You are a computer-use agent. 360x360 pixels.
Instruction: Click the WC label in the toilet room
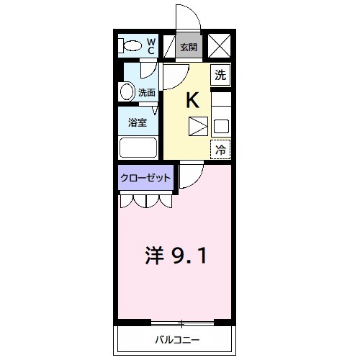coord(151,46)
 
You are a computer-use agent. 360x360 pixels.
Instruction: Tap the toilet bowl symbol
coord(132,46)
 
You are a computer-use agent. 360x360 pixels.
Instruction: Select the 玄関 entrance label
coord(189,48)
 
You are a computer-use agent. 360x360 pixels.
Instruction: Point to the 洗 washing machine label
coord(220,73)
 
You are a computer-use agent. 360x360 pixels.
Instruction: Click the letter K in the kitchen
coord(192,100)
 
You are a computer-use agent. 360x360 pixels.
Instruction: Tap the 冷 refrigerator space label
coord(220,150)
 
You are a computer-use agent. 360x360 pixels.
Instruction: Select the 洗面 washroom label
coord(147,92)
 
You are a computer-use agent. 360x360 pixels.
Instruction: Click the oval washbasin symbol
coord(127,91)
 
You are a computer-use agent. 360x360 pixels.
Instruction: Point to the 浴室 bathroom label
coord(138,122)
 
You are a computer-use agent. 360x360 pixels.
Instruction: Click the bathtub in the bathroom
coord(139,148)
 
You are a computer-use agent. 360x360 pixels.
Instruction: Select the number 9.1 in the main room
coord(190,256)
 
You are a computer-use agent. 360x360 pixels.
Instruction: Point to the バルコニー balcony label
coord(176,340)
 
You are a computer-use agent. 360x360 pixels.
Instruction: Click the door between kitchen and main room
coord(189,176)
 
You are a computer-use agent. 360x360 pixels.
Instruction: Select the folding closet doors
coord(145,201)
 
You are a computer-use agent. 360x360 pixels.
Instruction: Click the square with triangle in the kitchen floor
coord(197,127)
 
